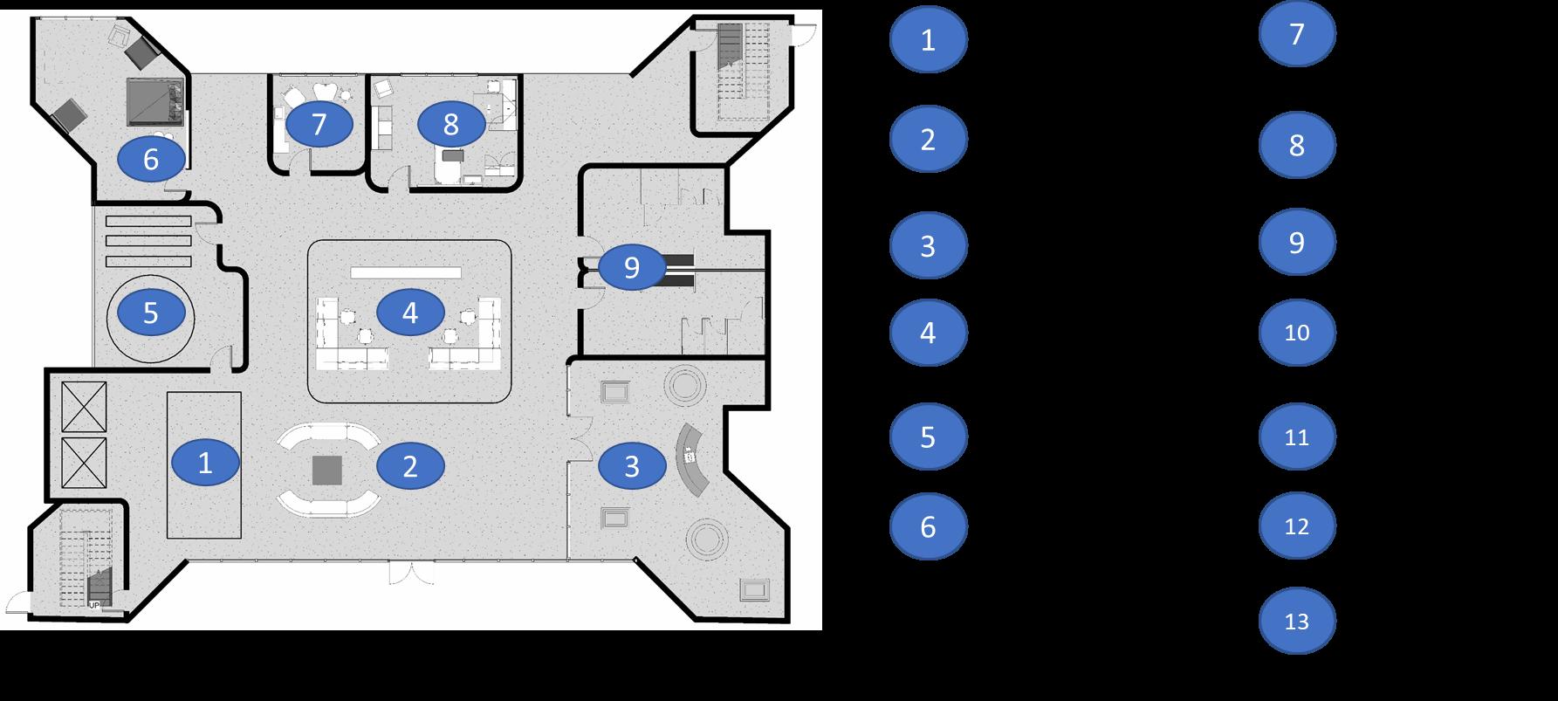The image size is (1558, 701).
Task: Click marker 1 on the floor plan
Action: (205, 463)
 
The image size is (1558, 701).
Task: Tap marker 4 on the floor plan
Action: (410, 313)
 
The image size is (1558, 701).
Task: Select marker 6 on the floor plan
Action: (151, 159)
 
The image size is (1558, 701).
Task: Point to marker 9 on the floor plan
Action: (632, 267)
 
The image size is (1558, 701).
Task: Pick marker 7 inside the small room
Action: (319, 125)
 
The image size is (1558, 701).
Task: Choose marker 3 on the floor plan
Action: (632, 466)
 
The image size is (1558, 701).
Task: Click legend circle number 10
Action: (1297, 333)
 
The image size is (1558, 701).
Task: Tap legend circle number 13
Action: (1297, 622)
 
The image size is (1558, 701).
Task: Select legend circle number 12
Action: (1297, 526)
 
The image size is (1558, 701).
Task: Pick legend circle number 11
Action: (1297, 436)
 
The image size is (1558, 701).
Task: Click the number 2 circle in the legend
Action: (928, 139)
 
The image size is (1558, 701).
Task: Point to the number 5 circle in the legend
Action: (928, 436)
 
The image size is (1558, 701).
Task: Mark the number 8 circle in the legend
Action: (1297, 145)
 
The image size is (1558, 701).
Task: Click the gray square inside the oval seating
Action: (328, 470)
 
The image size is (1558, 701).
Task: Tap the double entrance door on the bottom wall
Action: (411, 573)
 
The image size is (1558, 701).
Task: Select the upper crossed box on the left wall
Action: (84, 407)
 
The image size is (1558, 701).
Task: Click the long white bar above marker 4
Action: (406, 272)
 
